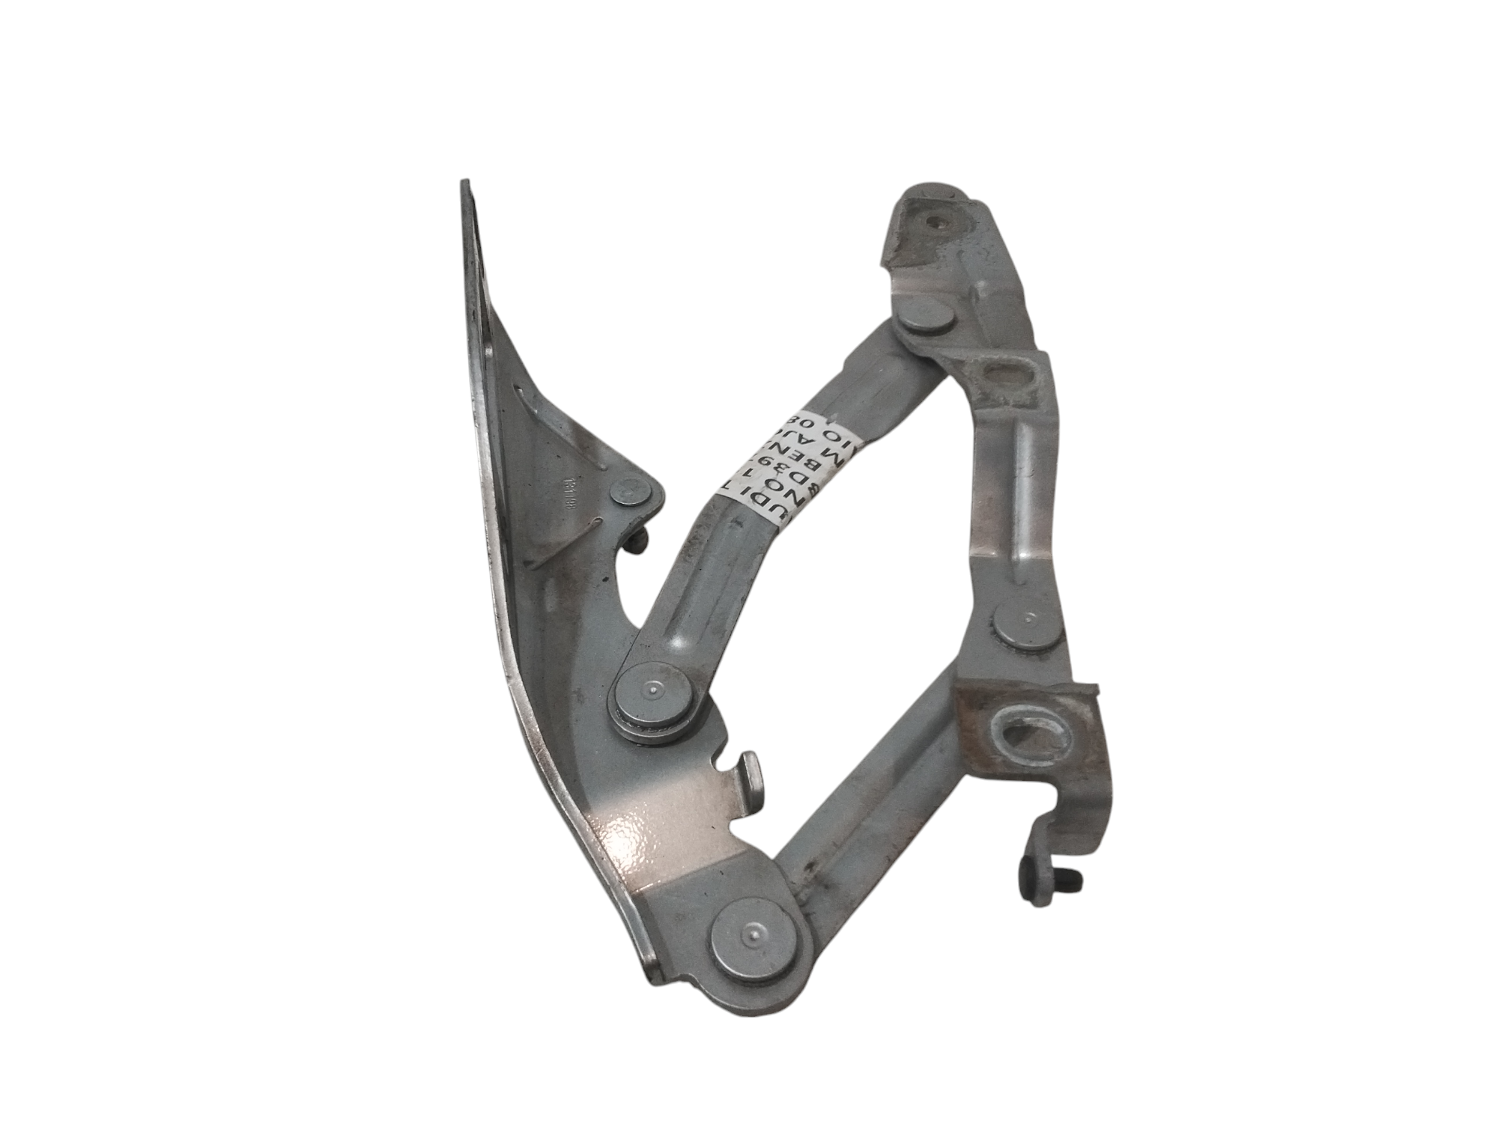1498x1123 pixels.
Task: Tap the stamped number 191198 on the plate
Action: (573, 493)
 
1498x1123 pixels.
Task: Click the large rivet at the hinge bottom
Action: (752, 933)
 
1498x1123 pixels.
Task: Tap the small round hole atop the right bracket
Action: (933, 222)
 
